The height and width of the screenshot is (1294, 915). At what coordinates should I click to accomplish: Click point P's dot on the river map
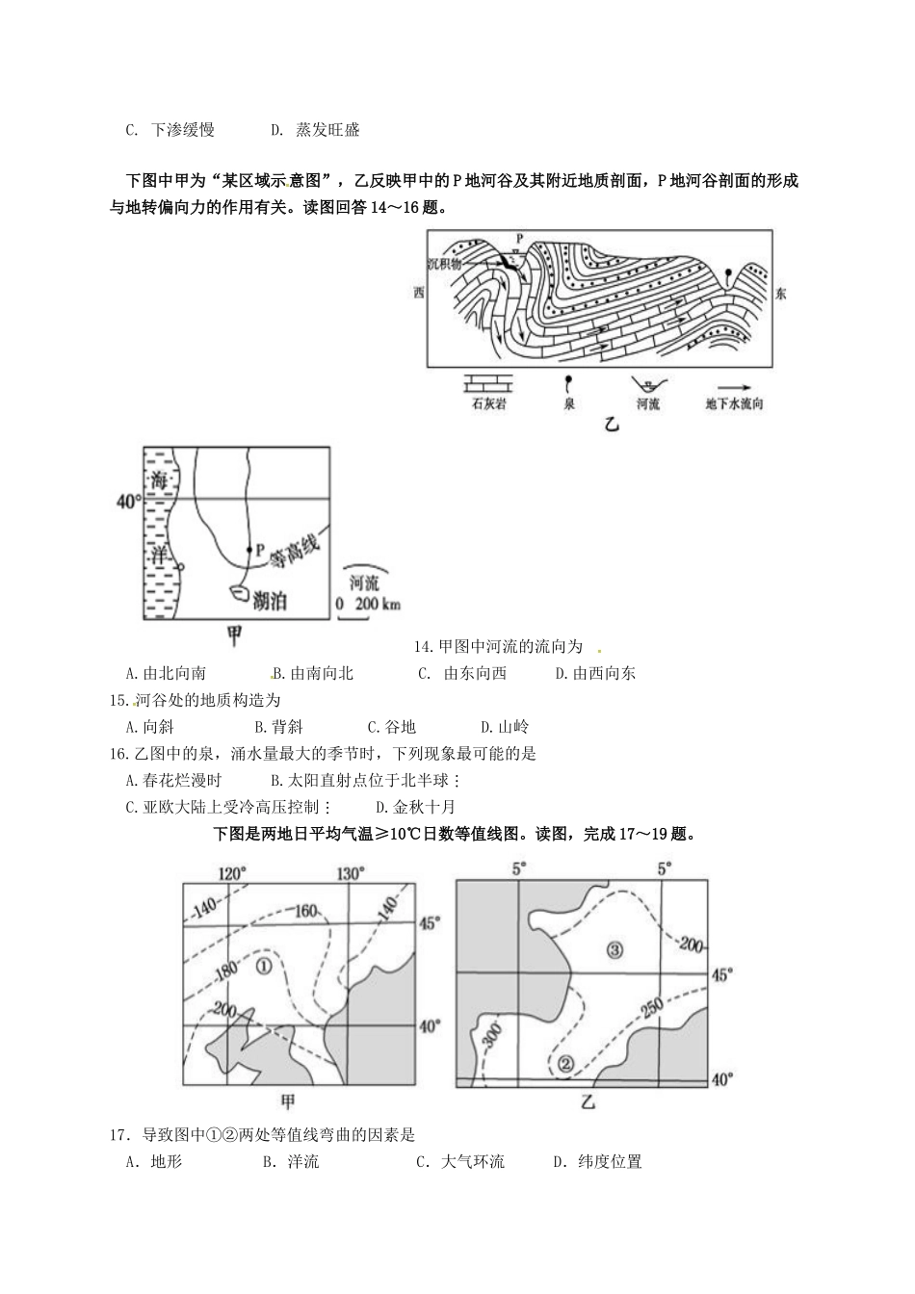tap(248, 550)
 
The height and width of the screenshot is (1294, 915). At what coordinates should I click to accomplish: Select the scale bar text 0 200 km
tap(368, 605)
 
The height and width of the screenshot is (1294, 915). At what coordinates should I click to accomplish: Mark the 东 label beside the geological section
tap(780, 294)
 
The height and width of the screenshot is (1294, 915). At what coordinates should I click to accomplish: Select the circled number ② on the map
tap(565, 1063)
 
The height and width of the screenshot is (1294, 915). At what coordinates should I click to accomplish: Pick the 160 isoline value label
tap(305, 910)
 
